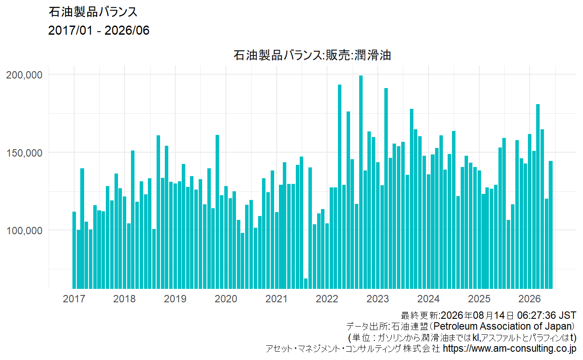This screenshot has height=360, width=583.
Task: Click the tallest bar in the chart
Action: point(361,182)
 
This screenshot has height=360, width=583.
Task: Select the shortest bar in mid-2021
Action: point(306,284)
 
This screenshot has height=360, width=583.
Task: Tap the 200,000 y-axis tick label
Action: point(24,75)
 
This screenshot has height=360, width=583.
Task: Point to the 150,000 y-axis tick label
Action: point(24,153)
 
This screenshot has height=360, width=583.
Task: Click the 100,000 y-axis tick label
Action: point(24,231)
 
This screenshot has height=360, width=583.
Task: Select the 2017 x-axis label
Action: point(74,299)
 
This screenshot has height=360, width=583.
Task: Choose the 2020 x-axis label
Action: point(226,299)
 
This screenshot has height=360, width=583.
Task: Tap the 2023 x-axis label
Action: point(378,299)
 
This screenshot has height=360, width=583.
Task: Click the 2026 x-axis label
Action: point(529,299)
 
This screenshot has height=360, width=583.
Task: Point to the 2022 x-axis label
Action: point(327,299)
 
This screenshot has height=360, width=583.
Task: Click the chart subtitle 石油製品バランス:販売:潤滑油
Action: point(312,55)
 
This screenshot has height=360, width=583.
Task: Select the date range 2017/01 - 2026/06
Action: point(98,30)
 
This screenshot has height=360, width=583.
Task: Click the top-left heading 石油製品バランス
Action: point(93,12)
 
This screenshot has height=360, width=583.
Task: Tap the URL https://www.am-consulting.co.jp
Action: point(510,348)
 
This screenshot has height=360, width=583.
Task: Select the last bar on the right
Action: point(551,225)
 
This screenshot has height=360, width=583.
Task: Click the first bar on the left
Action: point(74,250)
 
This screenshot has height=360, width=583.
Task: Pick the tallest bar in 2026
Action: point(538,196)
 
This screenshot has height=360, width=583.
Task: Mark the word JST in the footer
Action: point(568,315)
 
